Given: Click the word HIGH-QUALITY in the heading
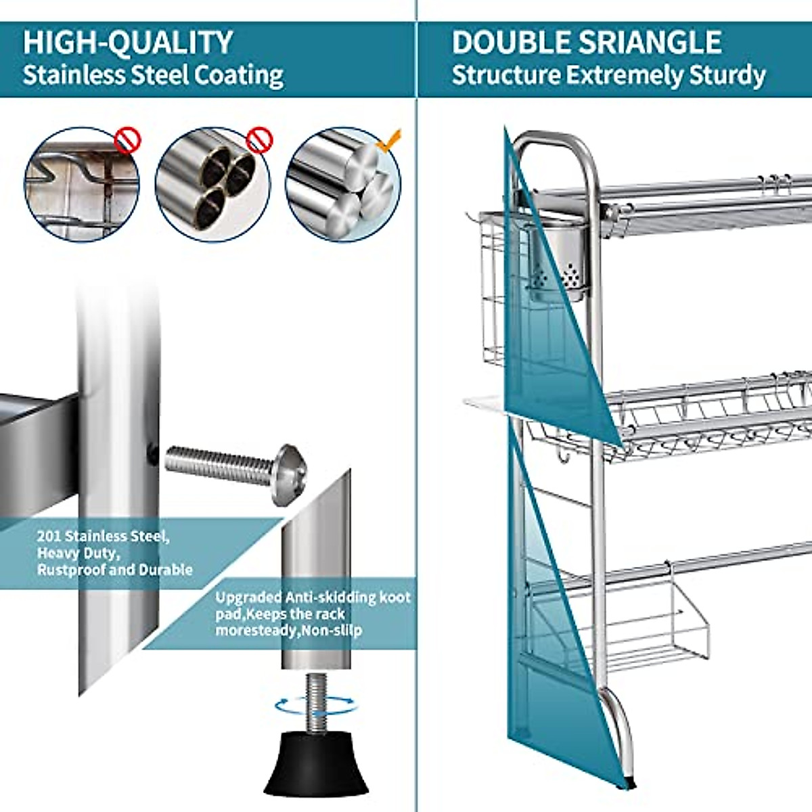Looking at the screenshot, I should tap(128, 43).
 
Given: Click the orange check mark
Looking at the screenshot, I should tap(390, 140).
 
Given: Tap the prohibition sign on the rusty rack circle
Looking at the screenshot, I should tap(127, 140).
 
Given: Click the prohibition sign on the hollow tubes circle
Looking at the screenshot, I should tap(258, 140).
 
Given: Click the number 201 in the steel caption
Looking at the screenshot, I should tap(49, 537).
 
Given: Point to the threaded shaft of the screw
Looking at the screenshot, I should tap(217, 459).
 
